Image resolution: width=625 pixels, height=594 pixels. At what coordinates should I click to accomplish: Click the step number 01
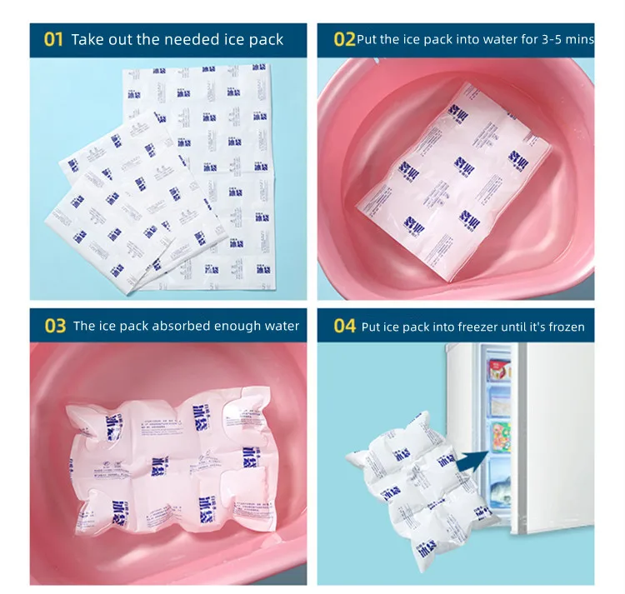[x=53, y=40]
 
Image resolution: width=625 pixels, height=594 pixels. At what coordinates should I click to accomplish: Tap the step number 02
[x=344, y=40]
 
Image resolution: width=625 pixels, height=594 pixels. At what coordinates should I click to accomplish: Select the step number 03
[x=55, y=326]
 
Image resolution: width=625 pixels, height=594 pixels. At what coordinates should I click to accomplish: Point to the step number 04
[x=344, y=326]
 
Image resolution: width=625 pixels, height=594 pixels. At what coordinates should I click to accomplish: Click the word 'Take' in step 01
[x=87, y=40]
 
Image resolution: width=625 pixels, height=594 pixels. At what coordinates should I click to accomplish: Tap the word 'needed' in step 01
[x=193, y=40]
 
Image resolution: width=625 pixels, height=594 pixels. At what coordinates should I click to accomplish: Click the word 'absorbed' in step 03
[x=189, y=326]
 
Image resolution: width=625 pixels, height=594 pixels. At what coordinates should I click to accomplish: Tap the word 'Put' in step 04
[x=370, y=327]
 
